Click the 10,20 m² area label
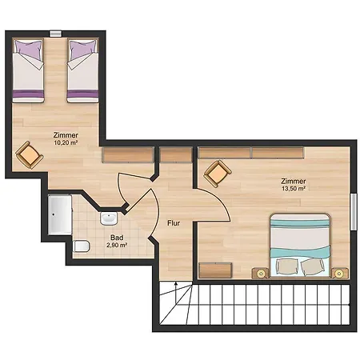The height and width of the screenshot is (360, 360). coord(66,142)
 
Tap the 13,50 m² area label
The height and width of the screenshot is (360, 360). coord(294,189)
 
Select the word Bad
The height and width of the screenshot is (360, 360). coord(117,238)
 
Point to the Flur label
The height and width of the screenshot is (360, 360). coord(174,223)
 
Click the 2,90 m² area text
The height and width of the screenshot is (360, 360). coord(117,245)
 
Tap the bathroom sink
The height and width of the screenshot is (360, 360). coord(109,218)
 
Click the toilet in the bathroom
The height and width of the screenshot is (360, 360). coord(81,246)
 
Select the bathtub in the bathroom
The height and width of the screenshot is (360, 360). coord(60,215)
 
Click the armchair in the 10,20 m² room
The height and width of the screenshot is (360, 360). coord(30,155)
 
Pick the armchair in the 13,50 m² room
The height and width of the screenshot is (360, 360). coord(218,174)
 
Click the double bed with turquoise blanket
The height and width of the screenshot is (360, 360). coord(300,246)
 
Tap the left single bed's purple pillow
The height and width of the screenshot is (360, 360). coord(29,47)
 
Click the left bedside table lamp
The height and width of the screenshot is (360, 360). coord(261,274)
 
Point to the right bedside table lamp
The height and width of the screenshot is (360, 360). coord(339,274)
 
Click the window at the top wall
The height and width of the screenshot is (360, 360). coord(55,34)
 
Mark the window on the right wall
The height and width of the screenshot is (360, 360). coord(354,212)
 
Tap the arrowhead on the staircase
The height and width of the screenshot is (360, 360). coord(176,284)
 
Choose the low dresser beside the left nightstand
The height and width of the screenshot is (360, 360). coord(215,270)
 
